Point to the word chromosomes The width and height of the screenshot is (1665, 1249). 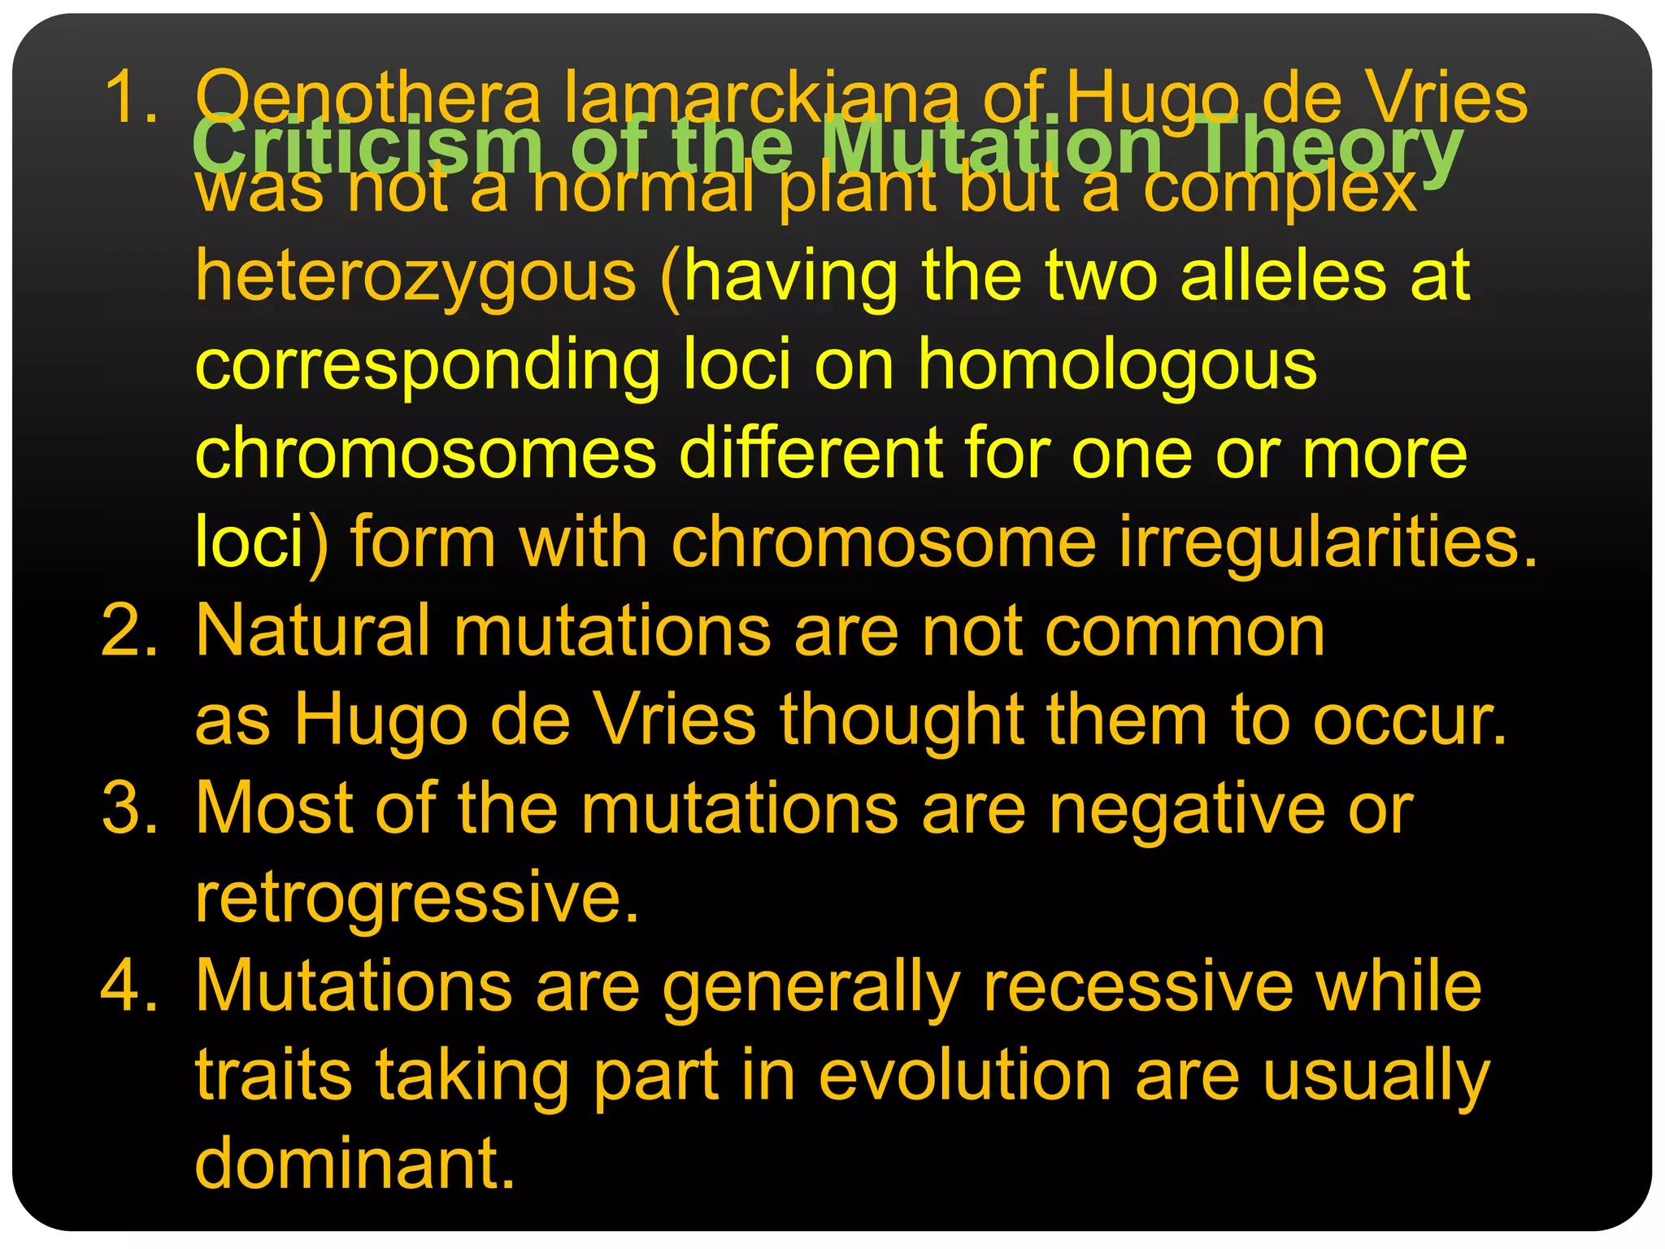click(425, 453)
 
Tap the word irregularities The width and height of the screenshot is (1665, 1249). click(1328, 543)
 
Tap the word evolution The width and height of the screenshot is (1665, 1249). click(964, 1075)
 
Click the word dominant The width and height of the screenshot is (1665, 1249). click(355, 1164)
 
